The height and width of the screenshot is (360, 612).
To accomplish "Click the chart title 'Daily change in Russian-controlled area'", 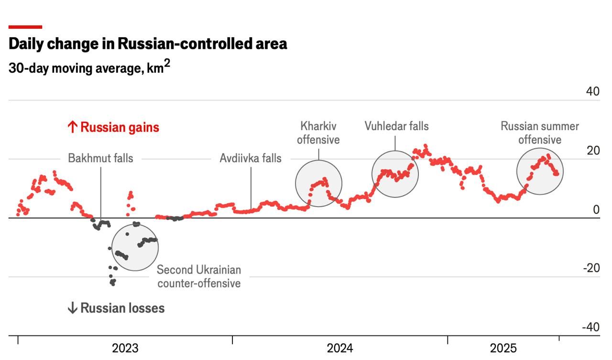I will click(x=148, y=44).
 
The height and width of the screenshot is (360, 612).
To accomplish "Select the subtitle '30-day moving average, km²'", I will click(x=89, y=67).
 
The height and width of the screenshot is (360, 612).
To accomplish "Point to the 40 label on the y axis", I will click(x=592, y=91).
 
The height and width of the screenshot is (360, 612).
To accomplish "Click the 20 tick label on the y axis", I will click(x=593, y=151).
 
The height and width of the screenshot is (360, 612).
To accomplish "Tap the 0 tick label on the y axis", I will click(x=596, y=209).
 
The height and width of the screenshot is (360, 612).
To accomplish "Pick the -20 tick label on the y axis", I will click(x=591, y=268).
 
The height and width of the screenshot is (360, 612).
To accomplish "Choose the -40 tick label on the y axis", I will click(x=590, y=327).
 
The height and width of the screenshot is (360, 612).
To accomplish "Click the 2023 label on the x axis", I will click(x=125, y=348).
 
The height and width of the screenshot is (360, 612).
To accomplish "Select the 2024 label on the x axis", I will click(x=340, y=348).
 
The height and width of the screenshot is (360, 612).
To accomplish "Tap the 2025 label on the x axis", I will click(x=503, y=348).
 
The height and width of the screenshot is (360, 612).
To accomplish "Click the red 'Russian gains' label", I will click(x=113, y=128).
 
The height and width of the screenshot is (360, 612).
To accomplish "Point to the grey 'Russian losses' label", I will click(x=116, y=308).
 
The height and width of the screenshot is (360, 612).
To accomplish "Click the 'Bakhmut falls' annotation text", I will click(x=100, y=158).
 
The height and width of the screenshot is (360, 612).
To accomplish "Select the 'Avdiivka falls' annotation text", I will click(x=251, y=158).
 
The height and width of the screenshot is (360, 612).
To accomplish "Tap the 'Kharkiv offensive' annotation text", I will click(x=318, y=133).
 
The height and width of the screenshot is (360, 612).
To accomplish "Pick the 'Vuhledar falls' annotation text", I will click(x=396, y=126).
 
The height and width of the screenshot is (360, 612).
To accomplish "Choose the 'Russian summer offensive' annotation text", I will click(x=540, y=133).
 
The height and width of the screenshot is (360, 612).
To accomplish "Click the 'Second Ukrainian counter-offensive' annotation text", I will click(x=199, y=276).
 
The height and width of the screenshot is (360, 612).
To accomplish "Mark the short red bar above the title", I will click(x=25, y=27).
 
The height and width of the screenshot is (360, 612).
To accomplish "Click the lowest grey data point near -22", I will click(x=113, y=284).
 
